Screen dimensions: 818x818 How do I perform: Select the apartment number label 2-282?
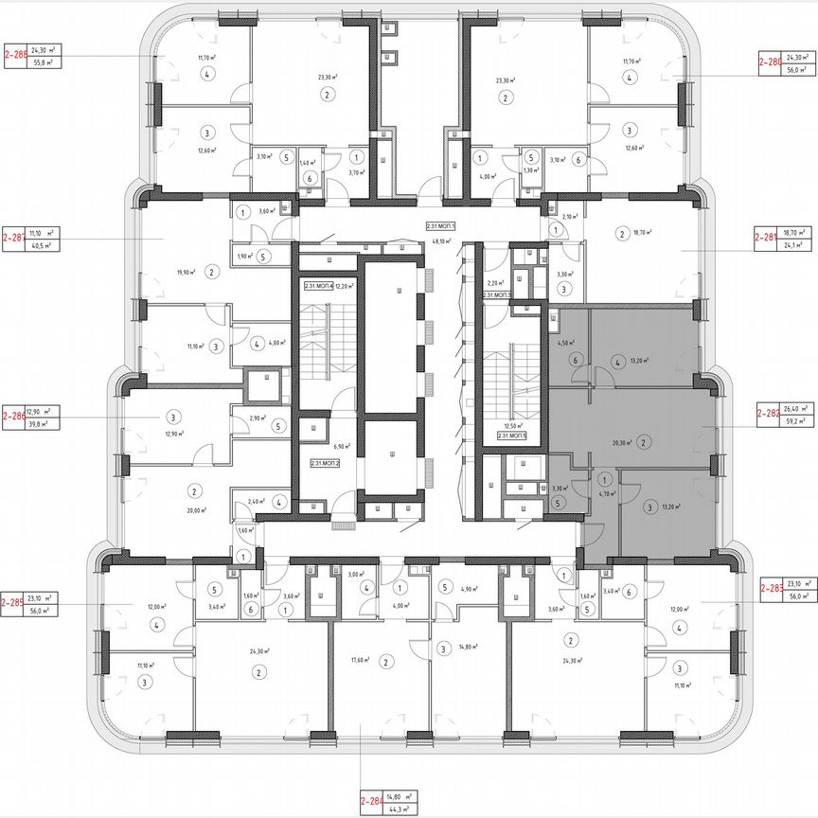pyautogui.click(x=768, y=414)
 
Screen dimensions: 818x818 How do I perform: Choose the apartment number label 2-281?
pyautogui.click(x=768, y=237)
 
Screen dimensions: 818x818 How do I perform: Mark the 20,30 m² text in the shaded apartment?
pyautogui.click(x=621, y=442)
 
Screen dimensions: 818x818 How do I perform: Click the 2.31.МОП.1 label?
pyautogui.click(x=441, y=226)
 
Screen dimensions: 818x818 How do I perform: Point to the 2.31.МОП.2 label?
pyautogui.click(x=325, y=464)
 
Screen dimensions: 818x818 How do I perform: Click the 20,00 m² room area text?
pyautogui.click(x=197, y=508)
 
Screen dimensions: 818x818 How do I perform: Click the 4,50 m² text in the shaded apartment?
pyautogui.click(x=566, y=343)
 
